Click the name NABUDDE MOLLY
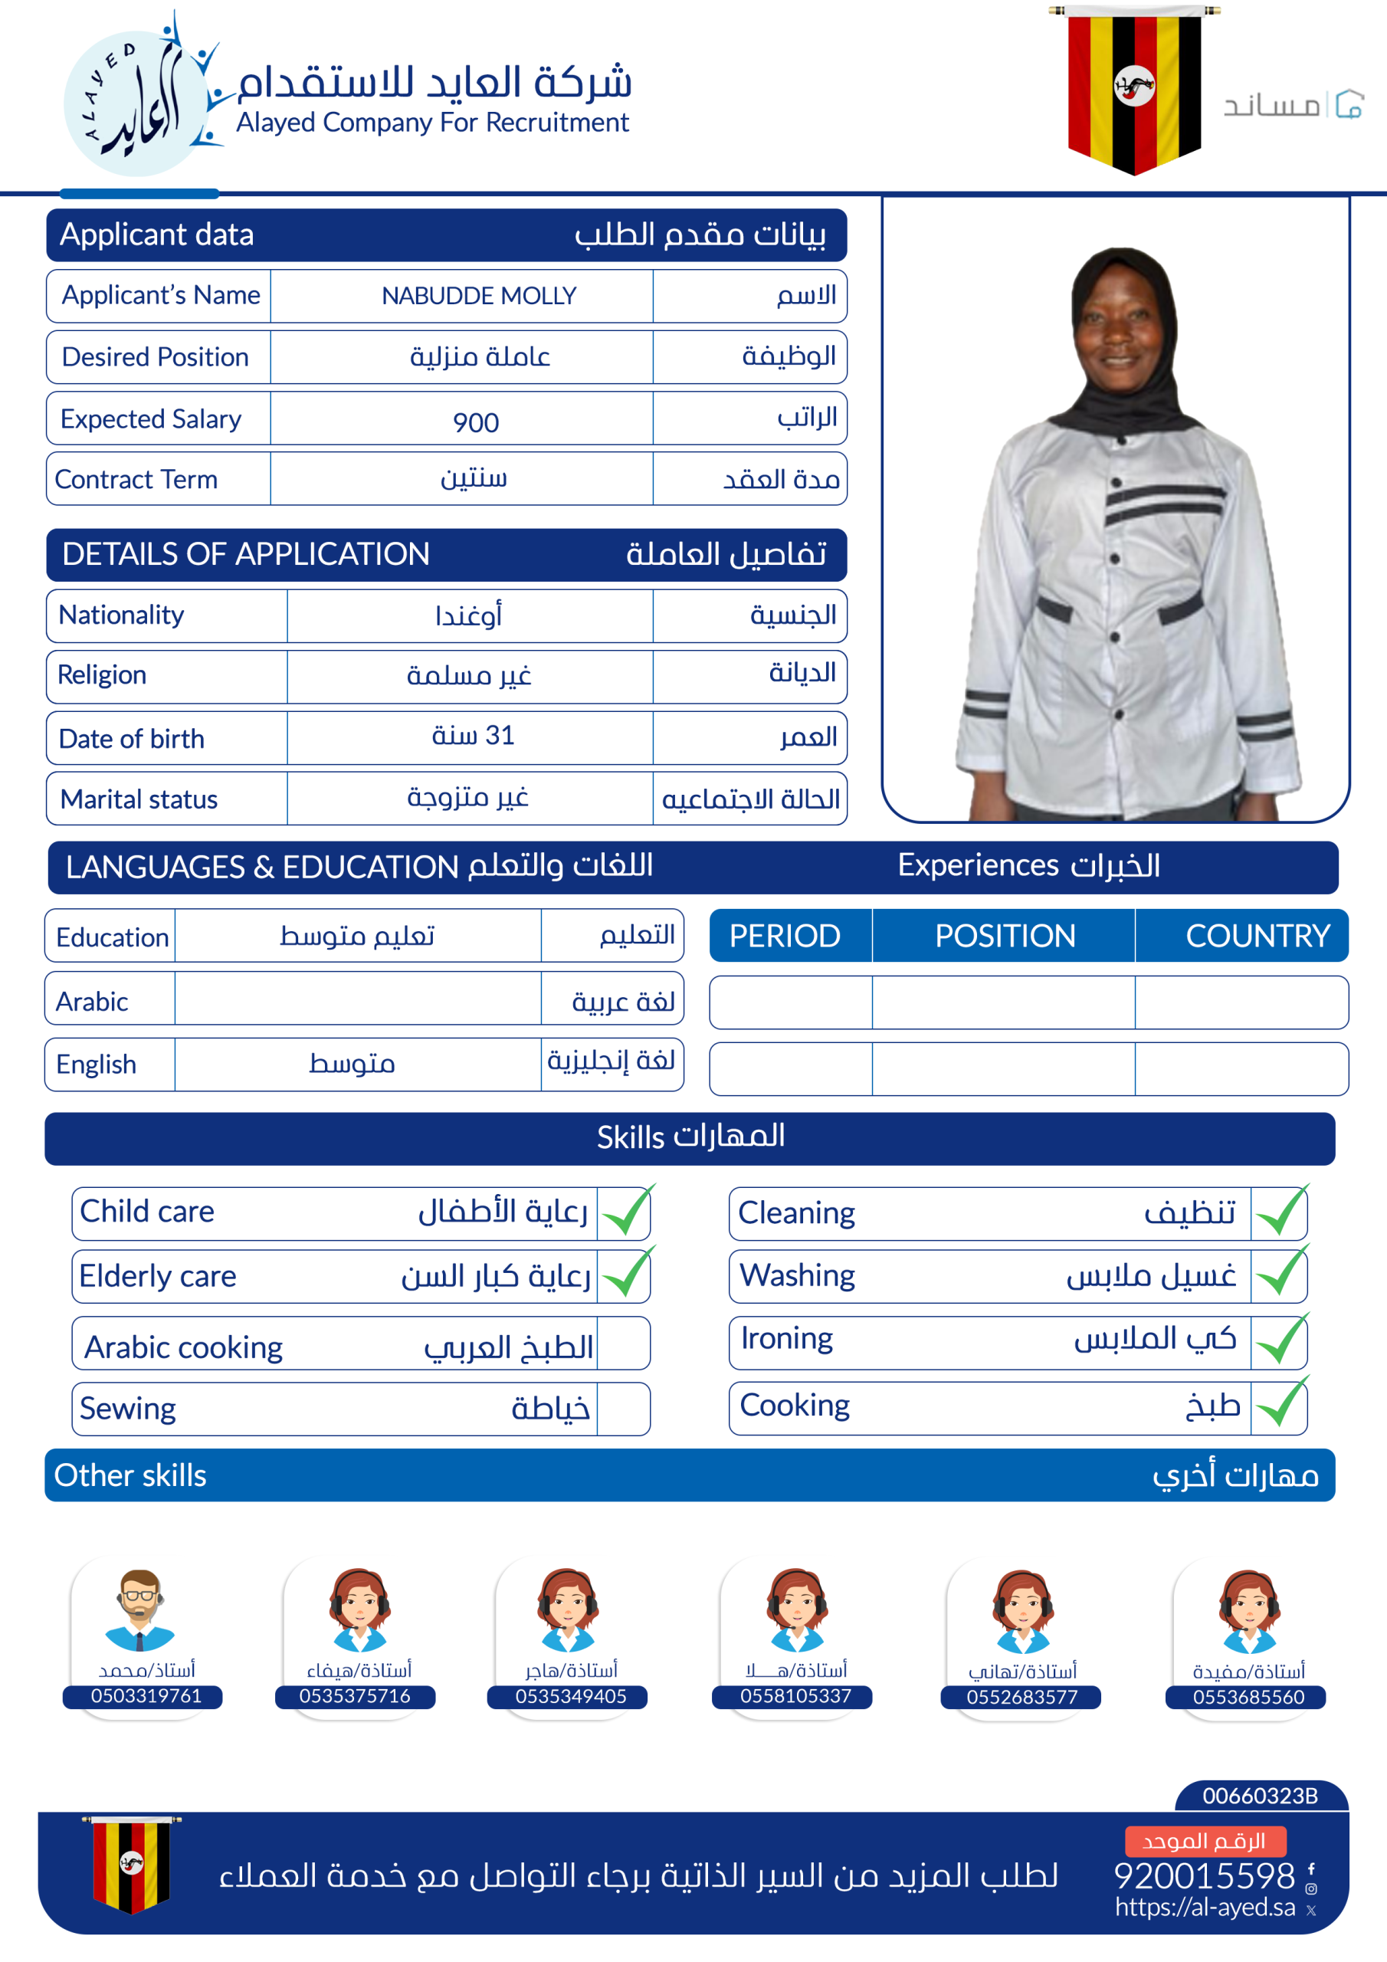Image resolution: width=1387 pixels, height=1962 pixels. pyautogui.click(x=479, y=296)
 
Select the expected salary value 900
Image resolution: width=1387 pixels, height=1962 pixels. pyautogui.click(x=476, y=422)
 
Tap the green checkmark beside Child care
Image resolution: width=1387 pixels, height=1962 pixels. pyautogui.click(x=625, y=1212)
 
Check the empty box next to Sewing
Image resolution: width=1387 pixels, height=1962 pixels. pyautogui.click(x=623, y=1408)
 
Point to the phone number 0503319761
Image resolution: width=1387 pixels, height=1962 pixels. pyautogui.click(x=146, y=1696)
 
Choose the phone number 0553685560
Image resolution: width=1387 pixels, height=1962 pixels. pyautogui.click(x=1248, y=1697)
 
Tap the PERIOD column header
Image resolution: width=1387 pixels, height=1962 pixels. pyautogui.click(x=785, y=936)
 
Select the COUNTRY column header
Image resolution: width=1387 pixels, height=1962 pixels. pyautogui.click(x=1257, y=936)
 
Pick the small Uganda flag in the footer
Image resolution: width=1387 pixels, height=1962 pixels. pyautogui.click(x=131, y=1863)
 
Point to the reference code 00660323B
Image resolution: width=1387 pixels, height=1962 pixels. pyautogui.click(x=1260, y=1796)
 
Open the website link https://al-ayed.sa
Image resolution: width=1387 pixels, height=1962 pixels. pyautogui.click(x=1205, y=1908)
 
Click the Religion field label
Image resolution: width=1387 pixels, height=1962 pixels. pyautogui.click(x=102, y=675)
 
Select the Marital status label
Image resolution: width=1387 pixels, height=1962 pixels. pyautogui.click(x=139, y=799)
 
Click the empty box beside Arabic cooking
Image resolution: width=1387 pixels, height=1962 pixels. pyautogui.click(x=623, y=1344)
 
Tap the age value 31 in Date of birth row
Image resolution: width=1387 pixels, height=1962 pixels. pyautogui.click(x=498, y=735)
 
